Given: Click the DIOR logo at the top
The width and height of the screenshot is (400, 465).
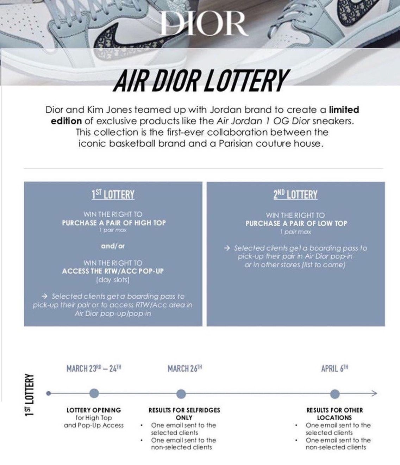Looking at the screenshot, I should coord(202,23).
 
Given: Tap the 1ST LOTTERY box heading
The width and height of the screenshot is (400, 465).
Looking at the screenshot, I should coord(113,194).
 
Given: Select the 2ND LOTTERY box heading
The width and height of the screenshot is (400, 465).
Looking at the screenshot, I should coord(295,194).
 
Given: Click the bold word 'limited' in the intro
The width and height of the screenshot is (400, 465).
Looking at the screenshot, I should coord(344,110).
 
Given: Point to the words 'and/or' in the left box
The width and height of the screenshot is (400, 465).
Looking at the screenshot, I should coord(113,246).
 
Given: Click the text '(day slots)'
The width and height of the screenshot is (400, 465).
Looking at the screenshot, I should coord(113,280).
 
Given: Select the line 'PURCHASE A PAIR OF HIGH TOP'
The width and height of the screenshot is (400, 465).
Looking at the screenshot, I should coord(114,223).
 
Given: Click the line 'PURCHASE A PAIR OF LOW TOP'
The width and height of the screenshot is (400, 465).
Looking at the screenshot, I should coord(296,223).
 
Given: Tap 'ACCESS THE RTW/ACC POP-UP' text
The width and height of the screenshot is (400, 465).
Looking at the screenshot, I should coord(113,271).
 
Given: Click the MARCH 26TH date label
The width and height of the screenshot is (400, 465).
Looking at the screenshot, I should coord(185,368).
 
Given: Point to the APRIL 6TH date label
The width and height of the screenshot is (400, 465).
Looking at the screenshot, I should coord(335,368).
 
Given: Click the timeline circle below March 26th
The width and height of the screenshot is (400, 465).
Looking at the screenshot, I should coord(181,393).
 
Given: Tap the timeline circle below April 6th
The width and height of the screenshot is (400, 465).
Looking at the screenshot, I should coord(335,393).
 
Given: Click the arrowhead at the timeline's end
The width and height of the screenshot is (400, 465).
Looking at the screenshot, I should coord(374,393).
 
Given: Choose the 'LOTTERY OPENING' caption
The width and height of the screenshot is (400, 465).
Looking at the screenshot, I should coord(94,410).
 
